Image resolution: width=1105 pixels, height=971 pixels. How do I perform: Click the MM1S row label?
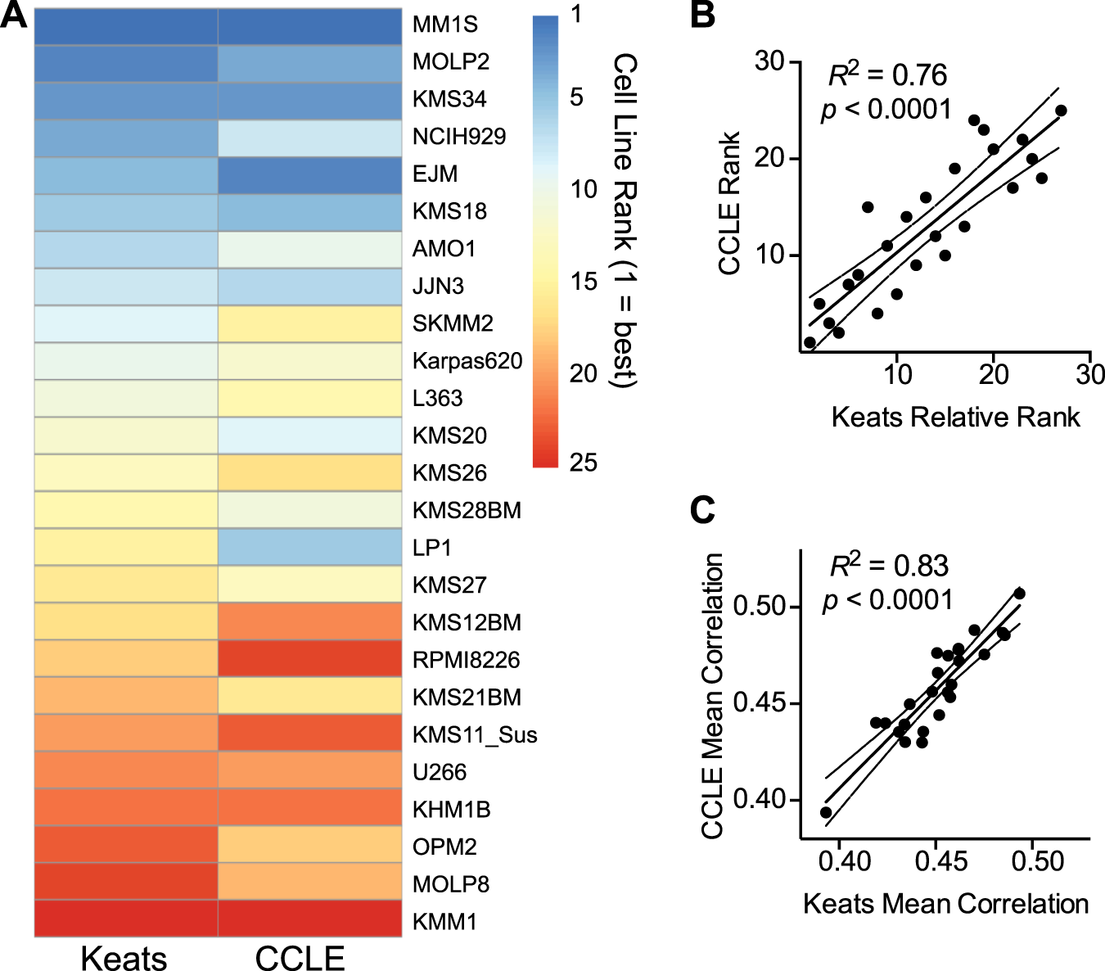pos(444,25)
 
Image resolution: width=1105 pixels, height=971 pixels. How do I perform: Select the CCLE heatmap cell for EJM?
pos(309,174)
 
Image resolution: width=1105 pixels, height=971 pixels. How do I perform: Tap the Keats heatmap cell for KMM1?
pos(126,919)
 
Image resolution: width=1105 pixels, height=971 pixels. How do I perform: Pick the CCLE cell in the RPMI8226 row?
pos(309,659)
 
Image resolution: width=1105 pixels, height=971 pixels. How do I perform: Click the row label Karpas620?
pos(467,361)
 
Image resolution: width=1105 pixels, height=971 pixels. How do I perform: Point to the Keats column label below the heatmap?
pos(124,958)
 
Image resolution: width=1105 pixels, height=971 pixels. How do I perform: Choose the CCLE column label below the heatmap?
pos(300,958)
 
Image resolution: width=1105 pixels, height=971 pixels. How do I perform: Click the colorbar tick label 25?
pos(584,463)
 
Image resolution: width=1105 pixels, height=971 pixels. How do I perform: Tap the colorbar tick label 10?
pos(584,190)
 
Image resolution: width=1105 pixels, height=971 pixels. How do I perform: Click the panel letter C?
pos(702,510)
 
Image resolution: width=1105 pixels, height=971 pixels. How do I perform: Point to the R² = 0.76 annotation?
pos(887,75)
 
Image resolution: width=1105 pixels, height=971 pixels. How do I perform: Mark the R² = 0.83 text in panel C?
pos(889,566)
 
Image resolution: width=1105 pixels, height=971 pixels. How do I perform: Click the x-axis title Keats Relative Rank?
pos(955,418)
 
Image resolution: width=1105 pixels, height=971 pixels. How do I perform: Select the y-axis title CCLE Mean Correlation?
pos(712,696)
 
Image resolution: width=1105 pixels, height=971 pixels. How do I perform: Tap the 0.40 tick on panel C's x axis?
pos(844,861)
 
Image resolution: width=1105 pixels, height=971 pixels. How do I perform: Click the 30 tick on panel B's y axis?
pos(769,61)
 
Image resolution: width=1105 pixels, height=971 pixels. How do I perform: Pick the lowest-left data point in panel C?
pos(826,813)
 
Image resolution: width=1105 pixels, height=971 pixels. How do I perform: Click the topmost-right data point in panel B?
pos(1061,111)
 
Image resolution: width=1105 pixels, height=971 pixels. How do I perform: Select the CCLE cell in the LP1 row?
pos(309,547)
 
